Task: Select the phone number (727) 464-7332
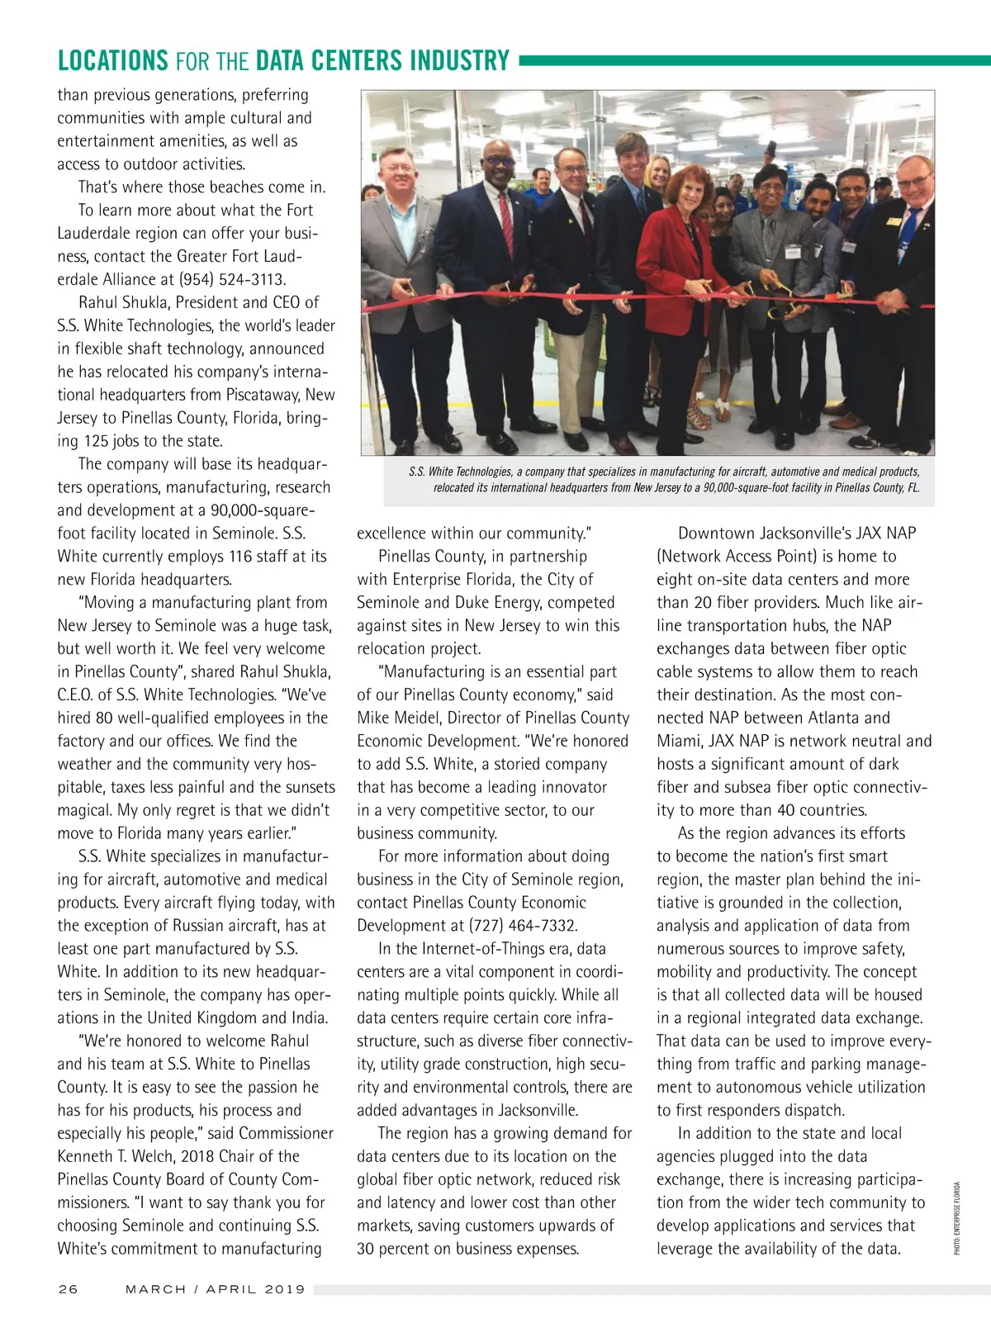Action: point(524,926)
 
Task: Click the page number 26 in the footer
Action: point(68,1289)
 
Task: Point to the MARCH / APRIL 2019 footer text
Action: point(215,1289)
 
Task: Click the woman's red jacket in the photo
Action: point(665,256)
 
